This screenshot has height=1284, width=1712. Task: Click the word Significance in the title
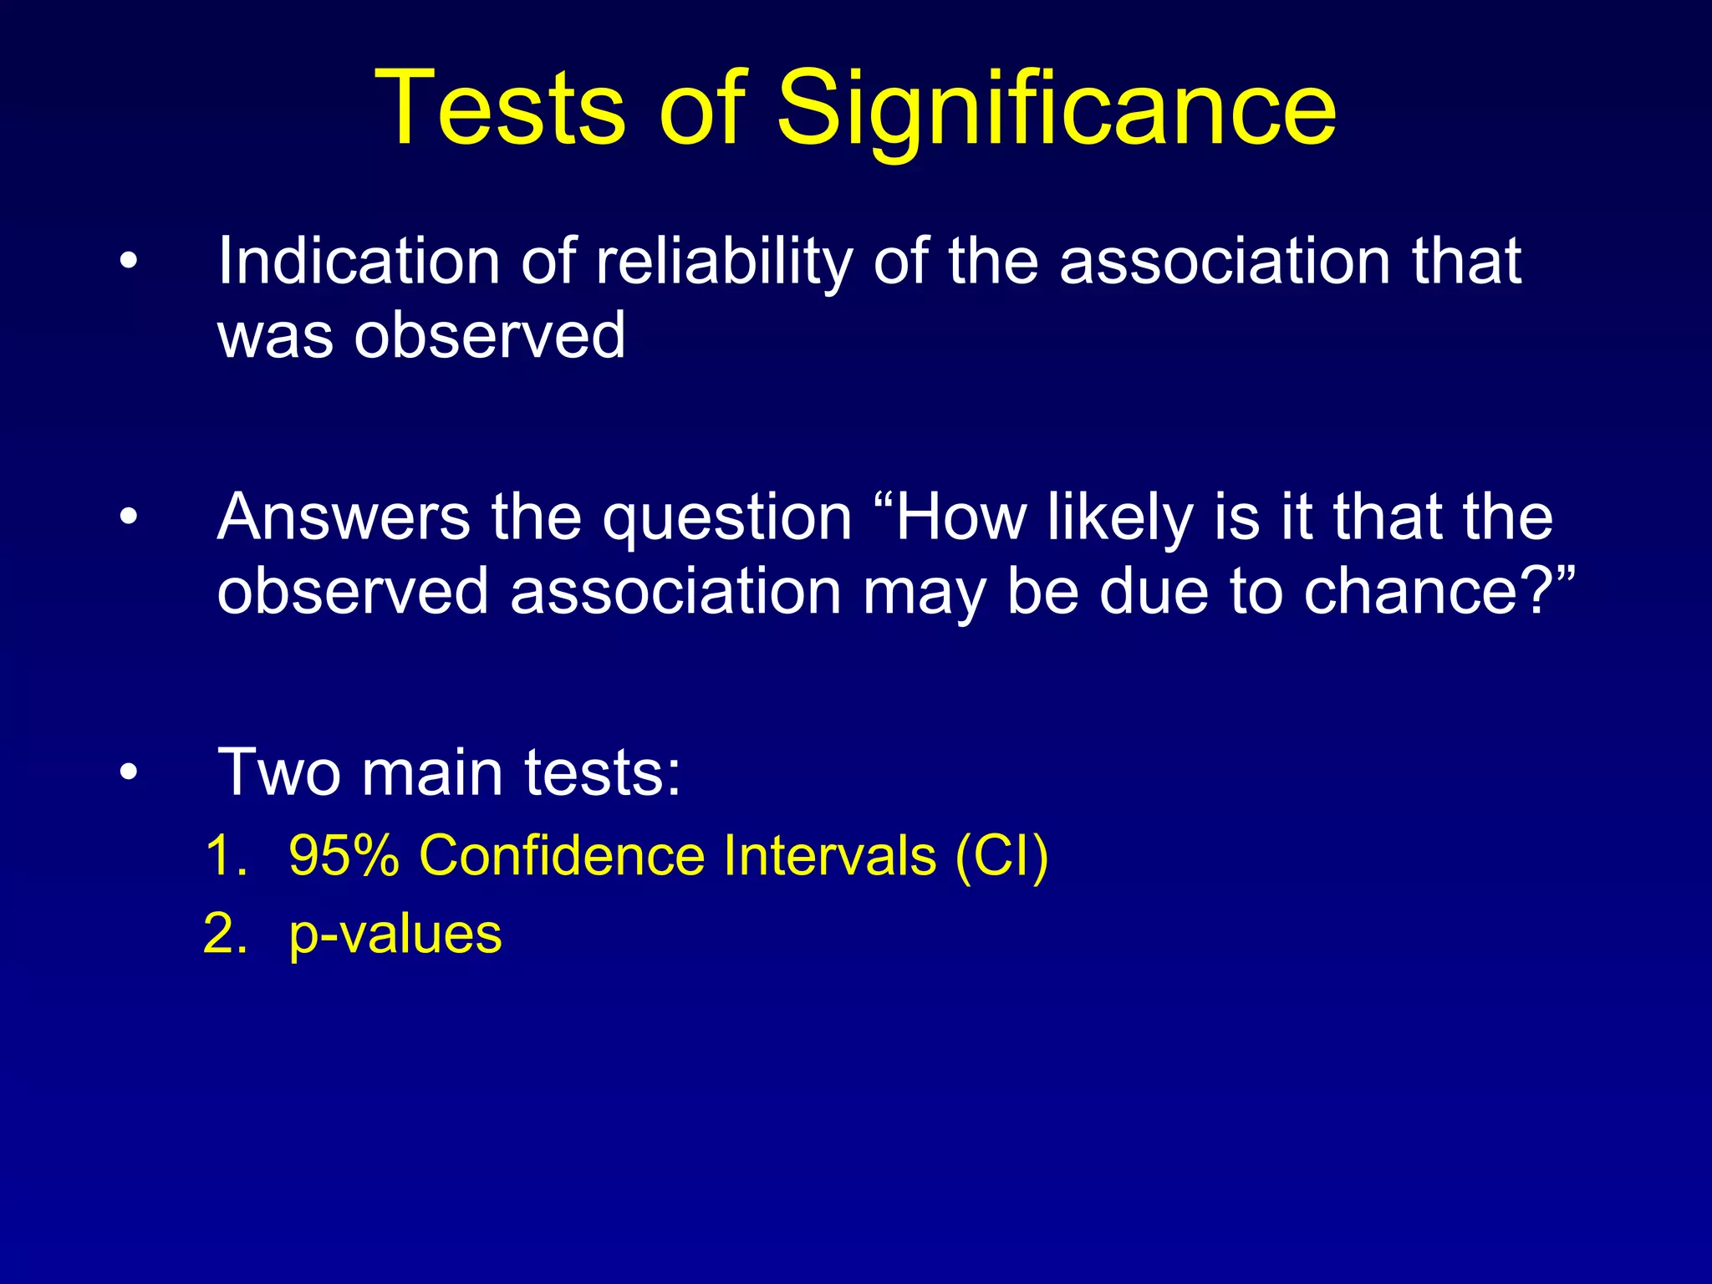tap(1057, 109)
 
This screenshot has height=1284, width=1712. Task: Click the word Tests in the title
tap(500, 109)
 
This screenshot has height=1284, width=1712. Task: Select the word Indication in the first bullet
tap(359, 261)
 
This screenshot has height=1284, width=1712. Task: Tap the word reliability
tap(724, 262)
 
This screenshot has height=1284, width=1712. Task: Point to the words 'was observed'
tap(421, 335)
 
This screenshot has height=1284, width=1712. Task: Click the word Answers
tap(344, 517)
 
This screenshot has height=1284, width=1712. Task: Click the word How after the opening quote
tap(961, 517)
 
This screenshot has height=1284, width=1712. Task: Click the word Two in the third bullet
tap(279, 772)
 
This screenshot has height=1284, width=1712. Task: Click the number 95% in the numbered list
tap(344, 855)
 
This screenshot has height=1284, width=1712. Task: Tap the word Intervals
tap(829, 855)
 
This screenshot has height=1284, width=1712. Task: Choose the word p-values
tap(395, 935)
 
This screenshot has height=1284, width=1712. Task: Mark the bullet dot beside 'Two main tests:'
tap(128, 773)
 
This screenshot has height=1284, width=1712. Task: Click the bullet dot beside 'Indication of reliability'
tap(128, 262)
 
